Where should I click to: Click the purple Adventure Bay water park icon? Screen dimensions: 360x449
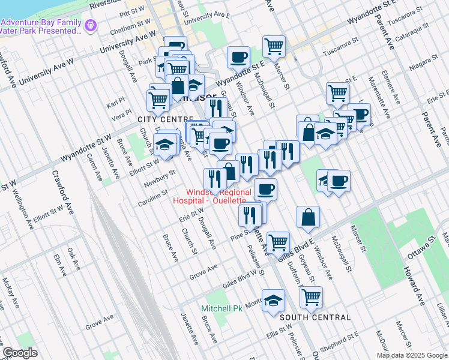[x=91, y=25]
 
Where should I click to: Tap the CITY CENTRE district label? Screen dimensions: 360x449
[x=158, y=120]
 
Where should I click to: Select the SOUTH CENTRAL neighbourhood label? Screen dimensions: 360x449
[x=315, y=317]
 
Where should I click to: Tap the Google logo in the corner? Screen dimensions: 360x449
[x=20, y=353]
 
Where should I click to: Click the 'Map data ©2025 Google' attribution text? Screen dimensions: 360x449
[x=412, y=355]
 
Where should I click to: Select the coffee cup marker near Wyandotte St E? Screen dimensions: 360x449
[x=238, y=58]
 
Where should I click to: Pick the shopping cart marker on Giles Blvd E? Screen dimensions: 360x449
[x=278, y=242]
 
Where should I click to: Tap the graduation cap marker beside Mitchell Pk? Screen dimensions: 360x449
[x=273, y=301]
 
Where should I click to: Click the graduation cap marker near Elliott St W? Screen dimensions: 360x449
[x=164, y=145]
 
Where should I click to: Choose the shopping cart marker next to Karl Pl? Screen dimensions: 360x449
[x=158, y=100]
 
